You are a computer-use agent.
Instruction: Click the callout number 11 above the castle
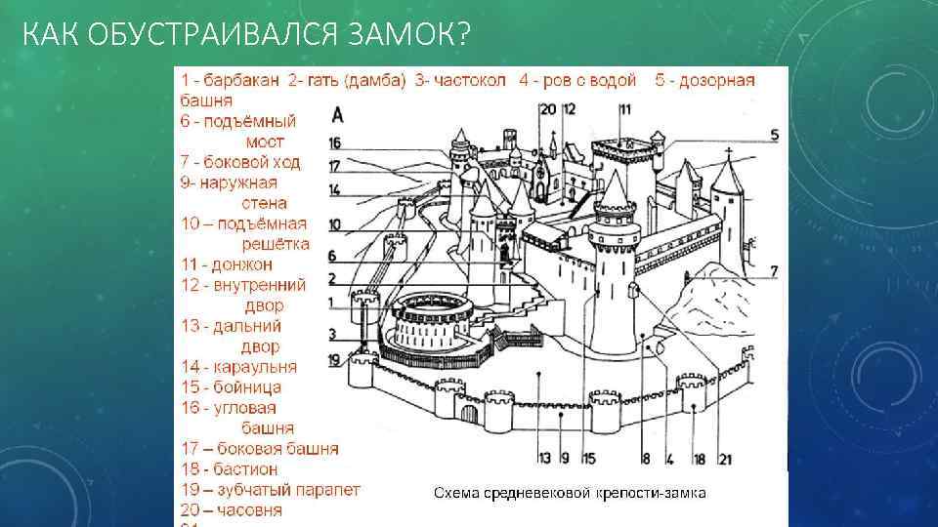pyautogui.click(x=624, y=108)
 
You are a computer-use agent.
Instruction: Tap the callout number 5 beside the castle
pyautogui.click(x=773, y=135)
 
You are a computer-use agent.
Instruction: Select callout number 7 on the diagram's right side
pyautogui.click(x=773, y=270)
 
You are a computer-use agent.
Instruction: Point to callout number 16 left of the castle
pyautogui.click(x=334, y=142)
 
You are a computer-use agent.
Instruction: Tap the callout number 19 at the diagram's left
pyautogui.click(x=334, y=360)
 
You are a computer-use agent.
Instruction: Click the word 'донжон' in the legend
pyautogui.click(x=241, y=264)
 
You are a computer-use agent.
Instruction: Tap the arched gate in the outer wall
pyautogui.click(x=470, y=414)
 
